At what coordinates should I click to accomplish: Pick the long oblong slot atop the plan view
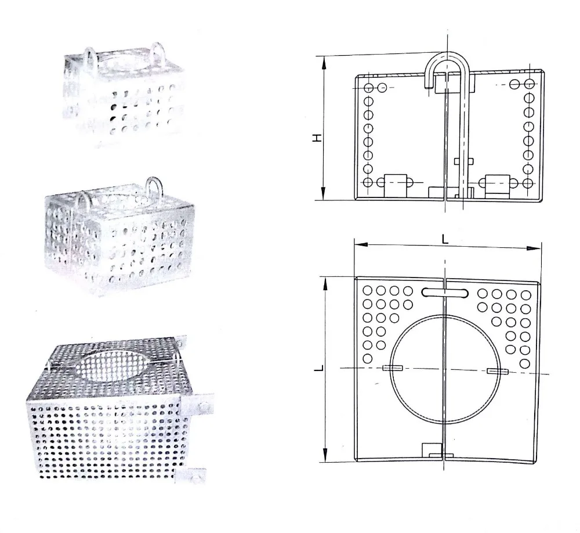pos(444,293)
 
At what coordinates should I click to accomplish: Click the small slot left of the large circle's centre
pos(393,368)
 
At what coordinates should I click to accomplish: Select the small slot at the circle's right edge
pos(497,370)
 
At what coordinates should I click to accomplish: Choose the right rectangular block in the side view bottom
pos(497,183)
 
